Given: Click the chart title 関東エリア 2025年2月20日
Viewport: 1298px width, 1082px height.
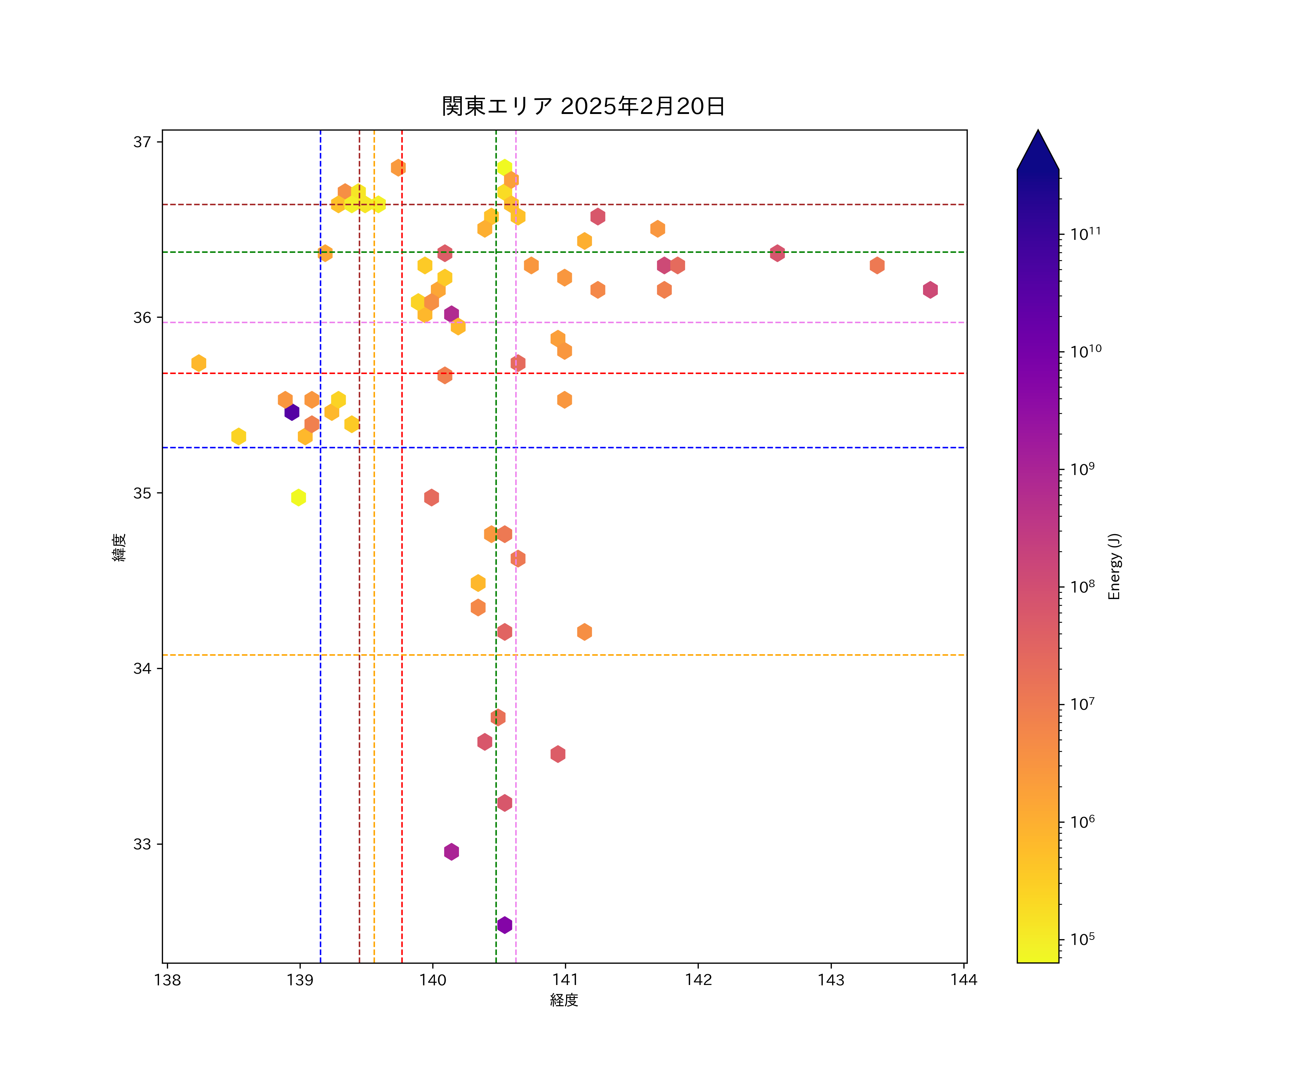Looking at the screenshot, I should pos(583,106).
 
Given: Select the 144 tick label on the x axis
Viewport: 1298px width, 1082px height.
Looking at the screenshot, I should pos(964,980).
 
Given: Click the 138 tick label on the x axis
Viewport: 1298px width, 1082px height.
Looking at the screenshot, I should pos(168,980).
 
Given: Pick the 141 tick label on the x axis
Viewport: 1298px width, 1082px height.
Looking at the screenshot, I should pos(565,980).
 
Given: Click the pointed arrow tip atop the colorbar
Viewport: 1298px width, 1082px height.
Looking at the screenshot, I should pos(1038,132).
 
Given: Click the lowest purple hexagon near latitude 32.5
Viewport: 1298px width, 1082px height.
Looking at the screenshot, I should pos(504,925).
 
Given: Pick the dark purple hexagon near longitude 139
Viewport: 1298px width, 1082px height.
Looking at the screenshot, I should pos(292,412).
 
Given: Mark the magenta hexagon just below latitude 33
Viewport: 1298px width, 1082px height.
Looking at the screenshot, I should pos(451,852).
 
